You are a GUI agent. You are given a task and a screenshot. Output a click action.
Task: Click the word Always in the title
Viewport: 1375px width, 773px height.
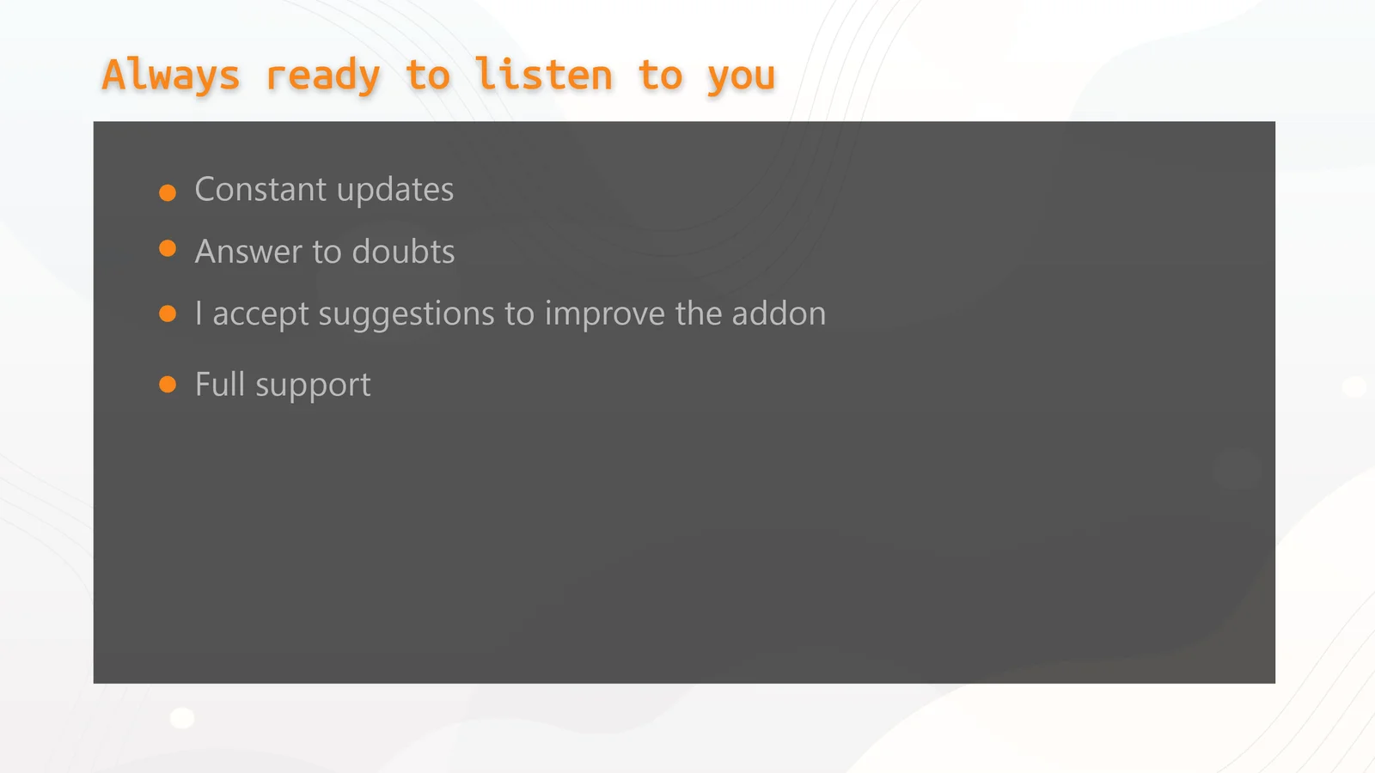point(171,75)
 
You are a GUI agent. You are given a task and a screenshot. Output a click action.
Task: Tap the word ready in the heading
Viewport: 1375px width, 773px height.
point(323,75)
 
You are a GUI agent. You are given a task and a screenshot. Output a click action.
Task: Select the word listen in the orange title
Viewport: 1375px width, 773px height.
point(544,75)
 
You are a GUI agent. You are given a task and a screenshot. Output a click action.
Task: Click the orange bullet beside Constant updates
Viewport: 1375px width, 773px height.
point(168,192)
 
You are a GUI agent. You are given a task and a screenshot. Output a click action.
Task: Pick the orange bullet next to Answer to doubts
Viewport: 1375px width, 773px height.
point(168,248)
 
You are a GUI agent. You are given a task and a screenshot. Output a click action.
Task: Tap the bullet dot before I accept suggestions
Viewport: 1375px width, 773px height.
point(168,313)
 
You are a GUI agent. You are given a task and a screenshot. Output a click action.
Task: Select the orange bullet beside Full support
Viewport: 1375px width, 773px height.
point(168,384)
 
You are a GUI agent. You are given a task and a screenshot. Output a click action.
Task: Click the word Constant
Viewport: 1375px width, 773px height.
point(260,189)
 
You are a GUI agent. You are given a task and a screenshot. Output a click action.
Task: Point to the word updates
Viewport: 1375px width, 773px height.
point(395,191)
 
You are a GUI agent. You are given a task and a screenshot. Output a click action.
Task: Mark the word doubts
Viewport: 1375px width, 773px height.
point(403,251)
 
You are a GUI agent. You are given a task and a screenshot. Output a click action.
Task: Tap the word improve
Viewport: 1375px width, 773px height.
point(605,314)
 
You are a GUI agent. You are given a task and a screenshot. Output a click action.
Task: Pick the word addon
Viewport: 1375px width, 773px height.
point(779,313)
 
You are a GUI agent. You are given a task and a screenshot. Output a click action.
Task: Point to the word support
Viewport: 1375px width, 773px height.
point(313,386)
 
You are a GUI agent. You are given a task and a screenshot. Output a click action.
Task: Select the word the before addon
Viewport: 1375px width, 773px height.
point(699,313)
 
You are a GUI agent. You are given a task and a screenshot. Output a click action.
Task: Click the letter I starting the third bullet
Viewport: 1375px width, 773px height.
point(199,313)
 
